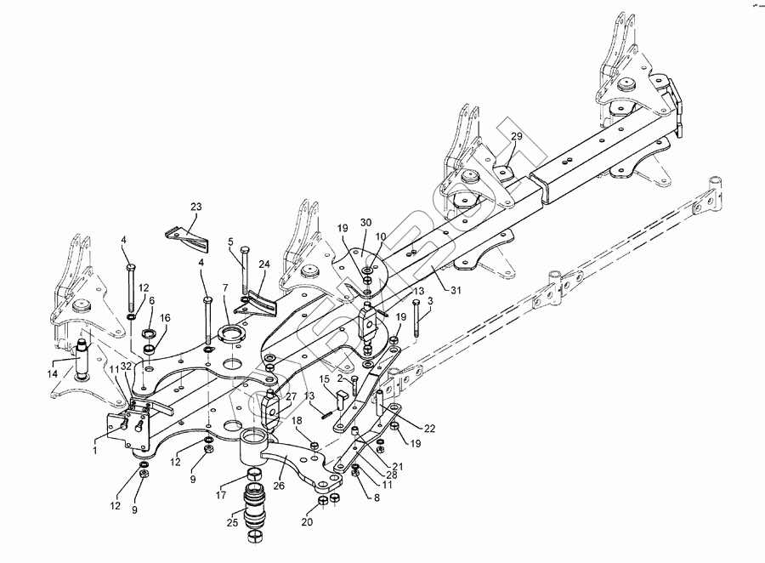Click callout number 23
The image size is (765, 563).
[196, 207]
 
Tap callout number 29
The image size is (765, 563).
[516, 137]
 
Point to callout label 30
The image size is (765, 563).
[366, 222]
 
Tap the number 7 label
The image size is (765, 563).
[225, 289]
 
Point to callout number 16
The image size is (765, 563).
[165, 317]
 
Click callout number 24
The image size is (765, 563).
[263, 264]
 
